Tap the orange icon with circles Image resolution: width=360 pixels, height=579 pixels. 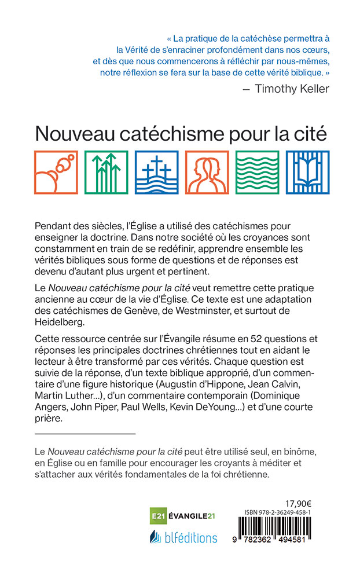(x=56, y=171)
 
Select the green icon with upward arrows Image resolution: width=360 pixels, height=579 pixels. (x=106, y=171)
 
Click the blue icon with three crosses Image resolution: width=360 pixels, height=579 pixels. (x=156, y=171)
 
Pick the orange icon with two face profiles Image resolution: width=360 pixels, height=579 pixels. (x=207, y=171)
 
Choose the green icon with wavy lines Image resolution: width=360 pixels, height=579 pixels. (x=257, y=171)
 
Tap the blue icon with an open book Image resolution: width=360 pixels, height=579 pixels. (x=307, y=171)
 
